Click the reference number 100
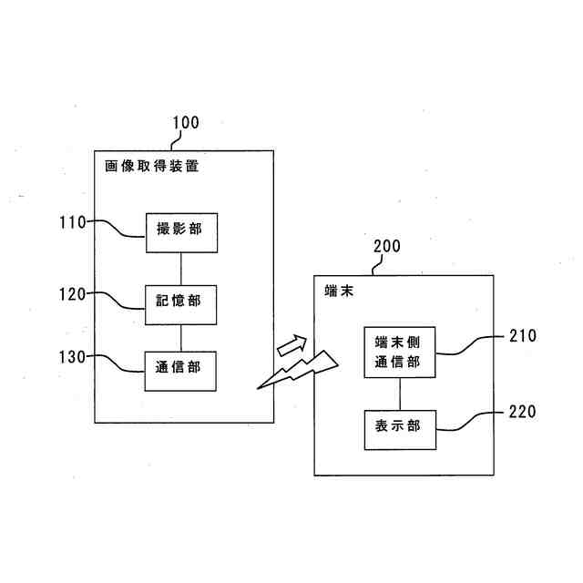[186, 123]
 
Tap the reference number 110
[73, 222]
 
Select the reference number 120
[73, 294]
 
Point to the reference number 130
[73, 357]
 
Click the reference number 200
[387, 246]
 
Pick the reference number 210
[523, 336]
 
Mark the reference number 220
[522, 412]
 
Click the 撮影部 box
[181, 233]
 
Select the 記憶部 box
[180, 305]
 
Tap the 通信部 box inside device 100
[180, 371]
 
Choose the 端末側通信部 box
[400, 353]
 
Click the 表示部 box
[400, 430]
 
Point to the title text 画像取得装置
[152, 166]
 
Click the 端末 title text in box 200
[339, 291]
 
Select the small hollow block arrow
[292, 345]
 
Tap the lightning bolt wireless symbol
[298, 370]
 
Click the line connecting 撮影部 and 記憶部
[181, 270]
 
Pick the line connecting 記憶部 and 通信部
[181, 338]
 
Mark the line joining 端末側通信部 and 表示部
[400, 394]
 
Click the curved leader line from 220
[470, 421]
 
